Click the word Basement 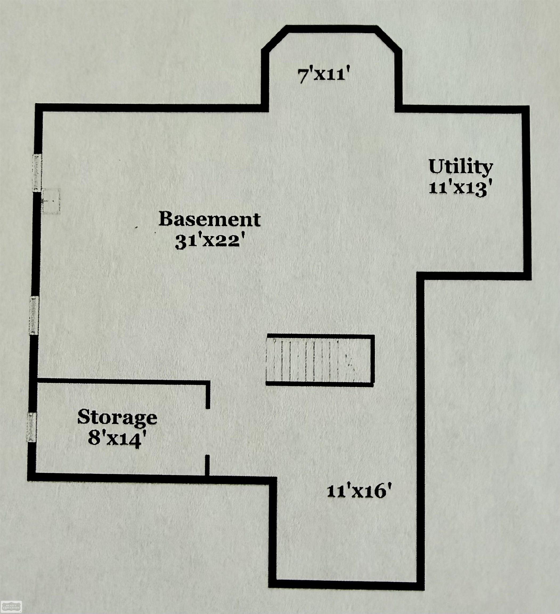click(209, 219)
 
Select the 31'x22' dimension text click(210, 243)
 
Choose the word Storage click(117, 417)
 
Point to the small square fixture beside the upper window click(51, 201)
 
